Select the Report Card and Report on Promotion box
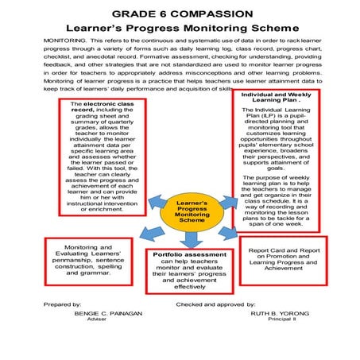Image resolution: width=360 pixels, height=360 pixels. point(283,260)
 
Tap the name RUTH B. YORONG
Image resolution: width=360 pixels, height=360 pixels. point(281,312)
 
